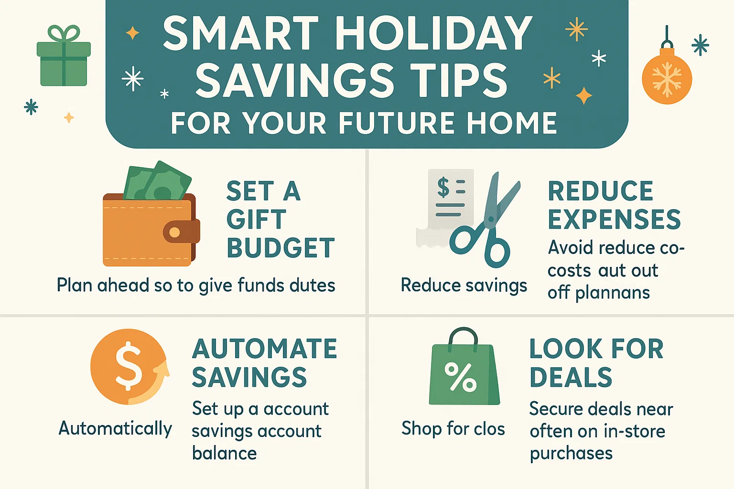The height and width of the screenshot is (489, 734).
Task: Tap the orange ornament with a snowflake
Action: (x=667, y=79)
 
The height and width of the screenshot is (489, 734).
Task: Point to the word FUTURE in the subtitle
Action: (x=398, y=123)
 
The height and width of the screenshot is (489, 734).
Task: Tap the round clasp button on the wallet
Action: (x=175, y=233)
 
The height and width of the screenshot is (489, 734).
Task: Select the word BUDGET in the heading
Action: (x=281, y=248)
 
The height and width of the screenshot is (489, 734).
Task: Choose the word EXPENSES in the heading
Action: (x=614, y=220)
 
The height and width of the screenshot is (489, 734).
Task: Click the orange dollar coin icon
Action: (x=128, y=367)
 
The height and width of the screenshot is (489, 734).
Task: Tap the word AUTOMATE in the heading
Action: (x=265, y=349)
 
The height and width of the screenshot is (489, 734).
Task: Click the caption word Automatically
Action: (x=115, y=428)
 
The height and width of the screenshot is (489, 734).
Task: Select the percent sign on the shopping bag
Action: (x=460, y=377)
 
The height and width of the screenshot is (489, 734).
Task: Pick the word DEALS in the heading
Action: (x=571, y=378)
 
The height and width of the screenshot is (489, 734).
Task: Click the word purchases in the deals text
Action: (x=571, y=453)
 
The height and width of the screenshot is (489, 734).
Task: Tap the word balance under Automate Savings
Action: (x=224, y=453)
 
